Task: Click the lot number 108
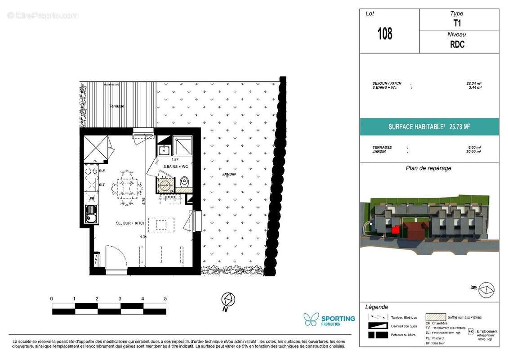[385, 34]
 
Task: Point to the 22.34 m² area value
[474, 83]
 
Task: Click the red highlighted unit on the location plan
[395, 230]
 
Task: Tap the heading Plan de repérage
[428, 168]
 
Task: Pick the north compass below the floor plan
[229, 299]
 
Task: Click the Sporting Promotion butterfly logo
[311, 319]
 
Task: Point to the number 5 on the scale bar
[165, 299]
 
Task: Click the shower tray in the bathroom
[183, 145]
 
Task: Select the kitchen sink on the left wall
[91, 213]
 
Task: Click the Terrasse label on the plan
[116, 106]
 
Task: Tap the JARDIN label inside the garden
[228, 174]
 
